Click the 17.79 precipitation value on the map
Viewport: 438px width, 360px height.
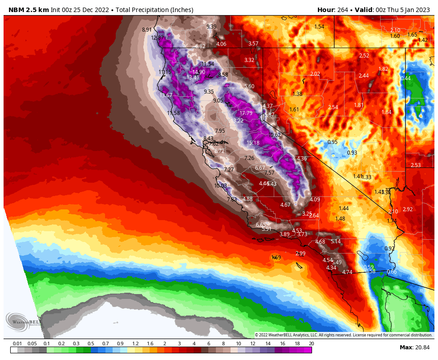pyautogui.click(x=246, y=113)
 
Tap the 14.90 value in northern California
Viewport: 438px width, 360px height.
pyautogui.click(x=199, y=72)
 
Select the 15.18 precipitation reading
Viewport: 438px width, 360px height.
pyautogui.click(x=253, y=143)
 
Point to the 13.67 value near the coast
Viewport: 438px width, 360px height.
pyautogui.click(x=166, y=95)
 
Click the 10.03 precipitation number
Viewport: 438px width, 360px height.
pyautogui.click(x=221, y=186)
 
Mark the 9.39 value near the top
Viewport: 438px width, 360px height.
pyautogui.click(x=211, y=27)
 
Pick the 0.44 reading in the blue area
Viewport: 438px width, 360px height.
pyautogui.click(x=406, y=78)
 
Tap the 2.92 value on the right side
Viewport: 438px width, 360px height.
pyautogui.click(x=408, y=209)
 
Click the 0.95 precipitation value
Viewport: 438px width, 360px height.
pyautogui.click(x=333, y=142)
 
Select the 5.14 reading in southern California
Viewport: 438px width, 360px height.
pyautogui.click(x=336, y=241)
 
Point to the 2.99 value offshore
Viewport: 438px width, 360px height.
pyautogui.click(x=300, y=254)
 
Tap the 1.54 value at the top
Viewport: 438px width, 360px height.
pyautogui.click(x=319, y=27)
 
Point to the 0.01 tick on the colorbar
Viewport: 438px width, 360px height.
pyautogui.click(x=17, y=344)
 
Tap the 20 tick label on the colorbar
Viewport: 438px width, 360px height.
pyautogui.click(x=311, y=344)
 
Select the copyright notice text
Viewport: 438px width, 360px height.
pyautogui.click(x=343, y=335)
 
